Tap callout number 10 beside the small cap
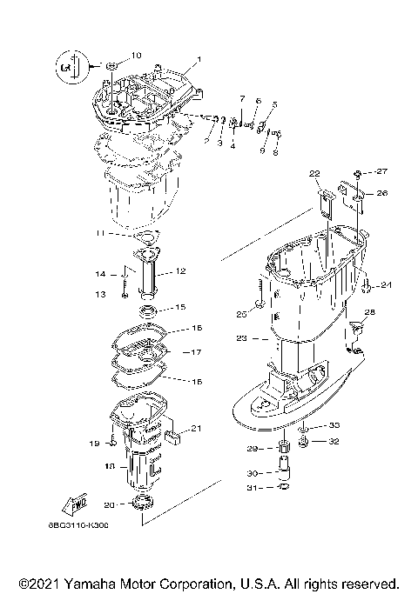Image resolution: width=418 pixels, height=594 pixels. coord(136,55)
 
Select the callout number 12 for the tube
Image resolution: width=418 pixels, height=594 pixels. coord(181,271)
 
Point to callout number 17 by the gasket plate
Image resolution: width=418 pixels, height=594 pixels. coord(197,352)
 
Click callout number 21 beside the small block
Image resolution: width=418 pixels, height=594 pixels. coord(197,427)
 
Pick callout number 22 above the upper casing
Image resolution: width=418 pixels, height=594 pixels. coord(313,173)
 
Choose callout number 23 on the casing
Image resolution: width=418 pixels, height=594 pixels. coord(241,337)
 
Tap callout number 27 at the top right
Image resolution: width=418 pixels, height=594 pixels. coord(381,171)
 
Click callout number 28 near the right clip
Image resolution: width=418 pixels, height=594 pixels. coord(370,311)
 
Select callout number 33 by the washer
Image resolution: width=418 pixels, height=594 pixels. coord(334,426)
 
